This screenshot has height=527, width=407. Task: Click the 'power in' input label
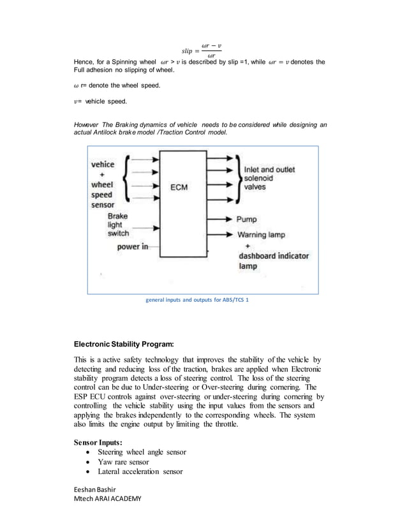132,248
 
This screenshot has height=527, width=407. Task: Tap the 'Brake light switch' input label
118,225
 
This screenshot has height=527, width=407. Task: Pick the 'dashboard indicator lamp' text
274,260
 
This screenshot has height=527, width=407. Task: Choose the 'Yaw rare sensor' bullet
124,462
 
